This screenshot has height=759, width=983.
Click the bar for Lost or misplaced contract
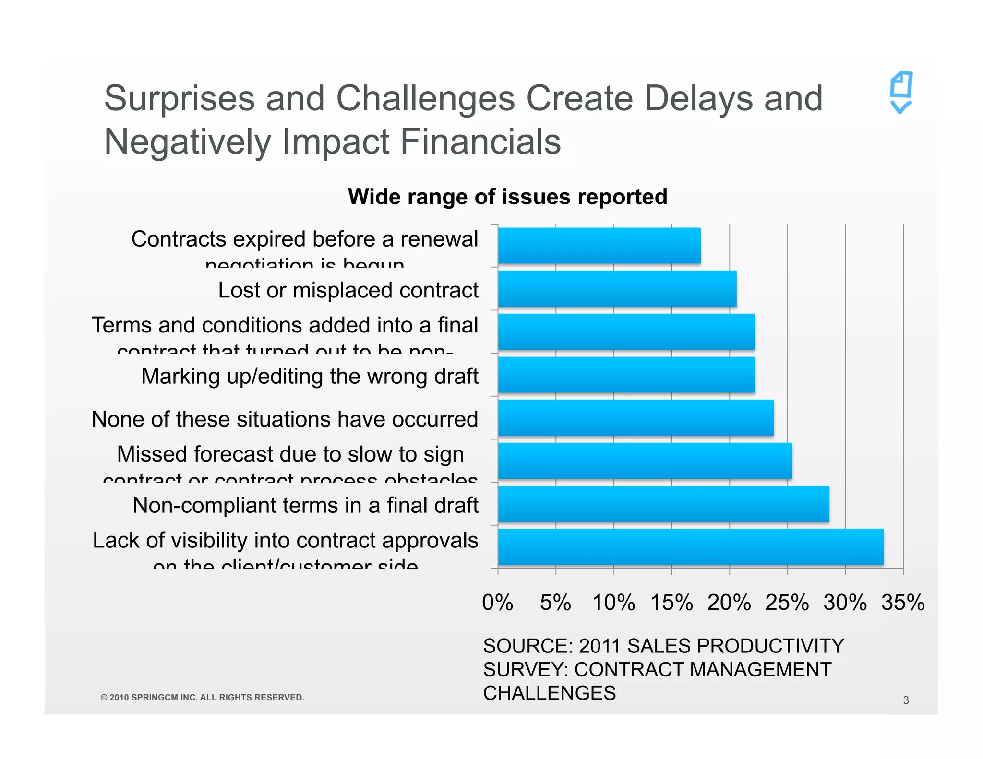coord(617,288)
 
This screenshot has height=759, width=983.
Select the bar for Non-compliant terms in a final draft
coord(663,504)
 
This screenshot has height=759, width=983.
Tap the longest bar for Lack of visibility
coord(690,547)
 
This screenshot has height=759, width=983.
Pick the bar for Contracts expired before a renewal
coord(599,246)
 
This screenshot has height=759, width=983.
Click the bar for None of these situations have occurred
coord(635,418)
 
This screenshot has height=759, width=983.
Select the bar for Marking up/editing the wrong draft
coord(626,375)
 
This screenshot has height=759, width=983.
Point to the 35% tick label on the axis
coord(902,603)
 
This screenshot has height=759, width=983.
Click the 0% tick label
coord(497,603)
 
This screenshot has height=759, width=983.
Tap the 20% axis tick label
coord(729,603)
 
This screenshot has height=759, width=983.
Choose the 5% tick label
coord(555,603)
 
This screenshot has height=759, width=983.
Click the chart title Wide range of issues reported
coord(507,197)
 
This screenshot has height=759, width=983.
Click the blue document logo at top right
coord(901,93)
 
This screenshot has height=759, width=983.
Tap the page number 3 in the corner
coord(906,700)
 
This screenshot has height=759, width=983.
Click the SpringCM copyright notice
coord(202,697)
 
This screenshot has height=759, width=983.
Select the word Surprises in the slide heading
coord(179,99)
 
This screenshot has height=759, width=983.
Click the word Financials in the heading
coord(480,142)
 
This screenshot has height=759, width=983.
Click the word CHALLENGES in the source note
coord(549,693)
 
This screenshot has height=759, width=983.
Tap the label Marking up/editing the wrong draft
coord(310,376)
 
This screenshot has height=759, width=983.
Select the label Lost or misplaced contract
coord(348,290)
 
